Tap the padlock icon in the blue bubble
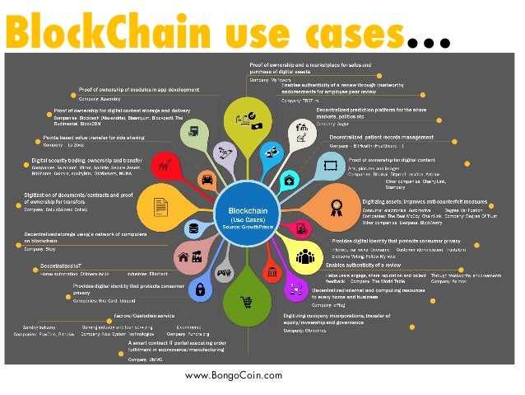click(199, 289)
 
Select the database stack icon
click(194, 228)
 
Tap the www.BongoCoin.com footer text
click(233, 375)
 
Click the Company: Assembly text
click(100, 99)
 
